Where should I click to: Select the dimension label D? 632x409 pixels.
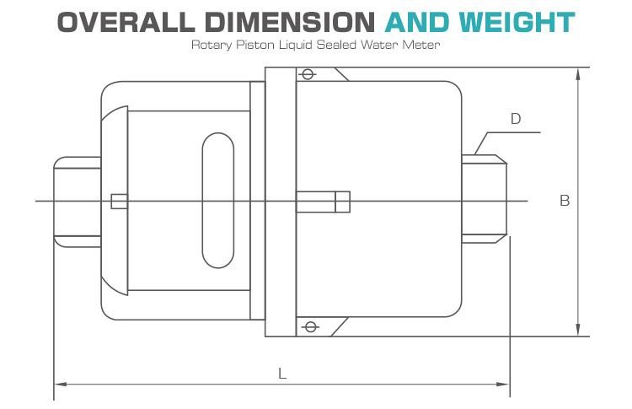pyautogui.click(x=516, y=119)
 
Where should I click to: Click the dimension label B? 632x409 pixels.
pyautogui.click(x=565, y=201)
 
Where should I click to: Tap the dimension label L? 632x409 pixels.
pyautogui.click(x=282, y=373)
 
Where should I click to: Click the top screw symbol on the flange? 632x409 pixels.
pyautogui.click(x=308, y=74)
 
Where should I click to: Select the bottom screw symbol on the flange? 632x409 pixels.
pyautogui.click(x=308, y=327)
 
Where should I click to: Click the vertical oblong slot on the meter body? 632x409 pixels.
pyautogui.click(x=217, y=200)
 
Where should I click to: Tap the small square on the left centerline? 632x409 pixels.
pyautogui.click(x=120, y=201)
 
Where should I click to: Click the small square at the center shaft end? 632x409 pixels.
pyautogui.click(x=342, y=202)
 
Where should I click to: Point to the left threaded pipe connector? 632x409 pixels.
pyautogui.click(x=78, y=201)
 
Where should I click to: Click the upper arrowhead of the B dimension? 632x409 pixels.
pyautogui.click(x=577, y=73)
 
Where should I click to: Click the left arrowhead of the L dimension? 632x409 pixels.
pyautogui.click(x=60, y=385)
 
